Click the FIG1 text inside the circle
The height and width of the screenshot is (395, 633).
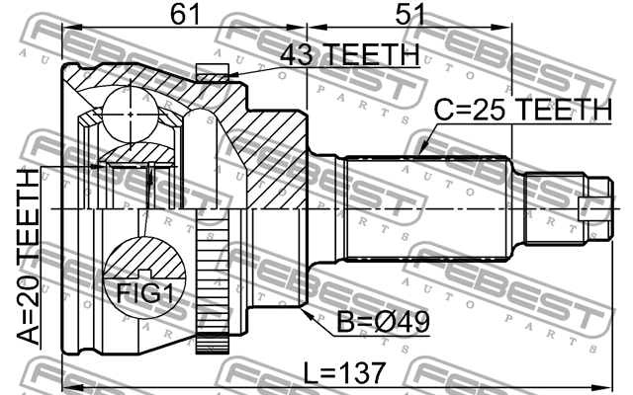tap(144, 292)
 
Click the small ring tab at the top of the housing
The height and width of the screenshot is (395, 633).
tap(212, 72)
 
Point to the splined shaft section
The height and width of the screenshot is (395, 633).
tap(430, 208)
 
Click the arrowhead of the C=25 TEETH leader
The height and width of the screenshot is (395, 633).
tap(419, 154)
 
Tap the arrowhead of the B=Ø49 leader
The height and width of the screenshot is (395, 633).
tap(309, 314)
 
